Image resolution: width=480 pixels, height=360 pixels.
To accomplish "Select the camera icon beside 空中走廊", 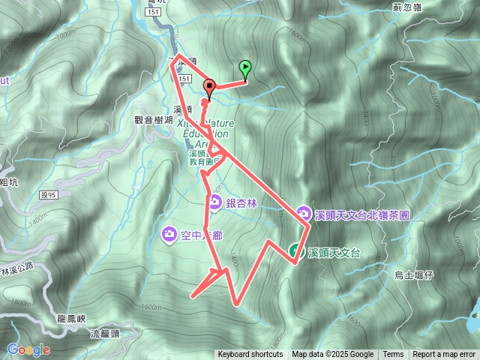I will [x=169, y=235].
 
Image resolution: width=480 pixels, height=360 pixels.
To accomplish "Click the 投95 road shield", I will [x=47, y=195].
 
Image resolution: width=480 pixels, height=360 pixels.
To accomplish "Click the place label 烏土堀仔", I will [x=414, y=275].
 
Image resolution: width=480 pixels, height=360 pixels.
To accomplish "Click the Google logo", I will [x=28, y=349].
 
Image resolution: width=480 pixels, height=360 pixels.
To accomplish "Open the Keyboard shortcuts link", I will [x=250, y=355].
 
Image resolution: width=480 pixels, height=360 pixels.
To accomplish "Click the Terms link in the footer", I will [x=393, y=355].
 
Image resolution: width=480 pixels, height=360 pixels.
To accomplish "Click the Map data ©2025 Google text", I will [x=333, y=355].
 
